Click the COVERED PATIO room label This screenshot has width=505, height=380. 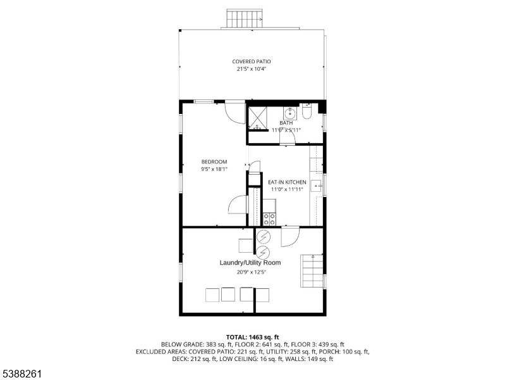click(x=252, y=61)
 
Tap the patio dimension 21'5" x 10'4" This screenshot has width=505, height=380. click(x=252, y=69)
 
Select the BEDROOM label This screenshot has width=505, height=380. click(x=214, y=161)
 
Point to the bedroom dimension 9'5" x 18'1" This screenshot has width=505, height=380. click(x=214, y=169)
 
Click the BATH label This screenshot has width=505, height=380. click(x=286, y=123)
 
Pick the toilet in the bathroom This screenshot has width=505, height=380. click(x=307, y=111)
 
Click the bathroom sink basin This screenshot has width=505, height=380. click(x=290, y=113)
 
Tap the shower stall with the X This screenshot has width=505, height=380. click(x=257, y=118)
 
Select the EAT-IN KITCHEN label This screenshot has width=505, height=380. click(x=287, y=182)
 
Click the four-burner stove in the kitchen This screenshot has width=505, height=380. click(x=270, y=219)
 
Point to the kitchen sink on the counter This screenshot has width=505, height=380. click(x=316, y=186)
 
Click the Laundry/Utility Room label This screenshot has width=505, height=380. click(x=250, y=262)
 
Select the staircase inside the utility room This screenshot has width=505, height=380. click(x=312, y=271)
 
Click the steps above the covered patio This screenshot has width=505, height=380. click(x=245, y=19)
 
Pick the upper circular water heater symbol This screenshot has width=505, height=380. click(x=264, y=237)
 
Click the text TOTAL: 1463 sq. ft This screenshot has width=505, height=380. click(x=253, y=338)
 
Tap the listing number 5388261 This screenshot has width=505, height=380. click(x=22, y=374)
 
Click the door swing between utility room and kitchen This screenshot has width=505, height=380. click(x=291, y=237)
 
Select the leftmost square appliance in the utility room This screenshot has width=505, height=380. click(x=212, y=295)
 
